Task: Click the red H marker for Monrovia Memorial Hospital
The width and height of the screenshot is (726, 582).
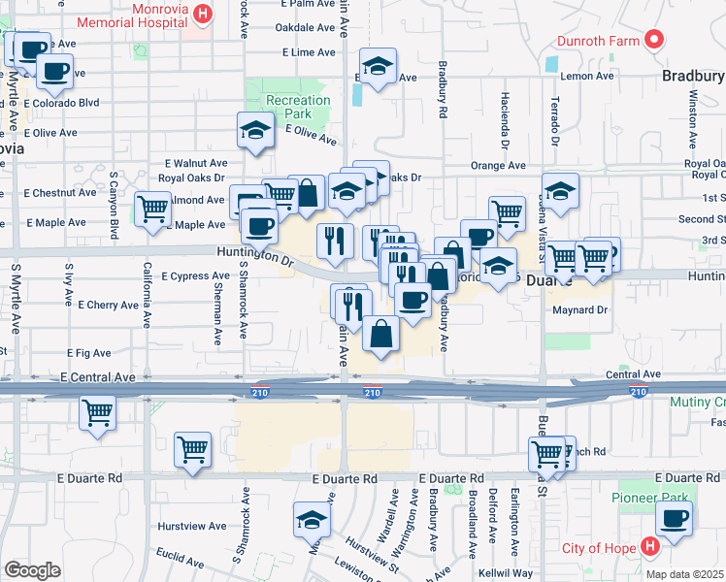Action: (203, 14)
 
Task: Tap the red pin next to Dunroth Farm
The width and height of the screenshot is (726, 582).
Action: (654, 41)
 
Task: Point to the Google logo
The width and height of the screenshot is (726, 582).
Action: (32, 570)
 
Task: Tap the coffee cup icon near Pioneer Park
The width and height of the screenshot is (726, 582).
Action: (674, 518)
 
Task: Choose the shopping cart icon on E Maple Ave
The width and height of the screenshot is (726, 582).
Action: (152, 210)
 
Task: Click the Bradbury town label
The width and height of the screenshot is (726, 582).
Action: (693, 76)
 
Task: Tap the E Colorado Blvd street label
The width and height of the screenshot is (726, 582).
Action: (62, 102)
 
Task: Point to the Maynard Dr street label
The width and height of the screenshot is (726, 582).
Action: (579, 310)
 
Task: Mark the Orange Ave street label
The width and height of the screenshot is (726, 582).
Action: (498, 166)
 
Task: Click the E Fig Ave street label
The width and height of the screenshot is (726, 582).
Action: (89, 353)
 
